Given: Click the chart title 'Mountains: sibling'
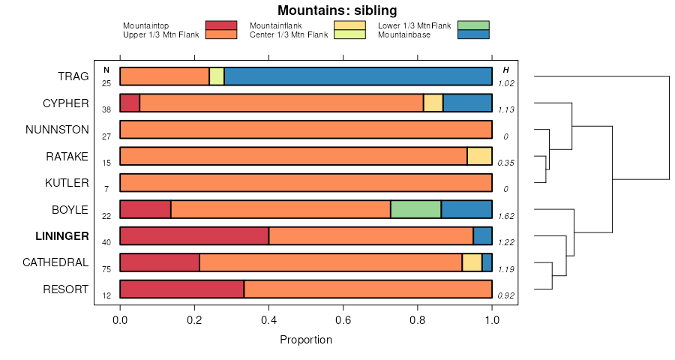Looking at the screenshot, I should [337, 10].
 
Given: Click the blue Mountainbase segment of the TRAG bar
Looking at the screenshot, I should [358, 76].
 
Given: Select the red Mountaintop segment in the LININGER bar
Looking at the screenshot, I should [194, 236].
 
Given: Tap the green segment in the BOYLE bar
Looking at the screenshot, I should [415, 209].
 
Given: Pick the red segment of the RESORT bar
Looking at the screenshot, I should [181, 289].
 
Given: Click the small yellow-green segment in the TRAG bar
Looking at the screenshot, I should [217, 76].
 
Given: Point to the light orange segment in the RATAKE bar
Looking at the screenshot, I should [479, 156].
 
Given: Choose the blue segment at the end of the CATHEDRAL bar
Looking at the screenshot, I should [487, 262].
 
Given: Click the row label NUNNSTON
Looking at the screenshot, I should [57, 130].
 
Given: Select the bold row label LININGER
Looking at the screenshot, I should [62, 236].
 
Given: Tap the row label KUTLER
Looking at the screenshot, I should [67, 183].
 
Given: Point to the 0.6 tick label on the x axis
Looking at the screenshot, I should [343, 320].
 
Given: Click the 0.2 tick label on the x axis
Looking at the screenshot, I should [194, 320].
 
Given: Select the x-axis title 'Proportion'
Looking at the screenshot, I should [306, 340].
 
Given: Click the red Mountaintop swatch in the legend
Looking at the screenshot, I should [220, 25].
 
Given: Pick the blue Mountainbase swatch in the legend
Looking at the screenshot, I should [472, 34].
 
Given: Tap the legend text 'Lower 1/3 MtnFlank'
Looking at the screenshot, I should [415, 25].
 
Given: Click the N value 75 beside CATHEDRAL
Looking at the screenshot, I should [106, 269].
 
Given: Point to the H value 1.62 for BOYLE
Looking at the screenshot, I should [505, 216].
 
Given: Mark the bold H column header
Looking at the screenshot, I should [505, 70].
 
